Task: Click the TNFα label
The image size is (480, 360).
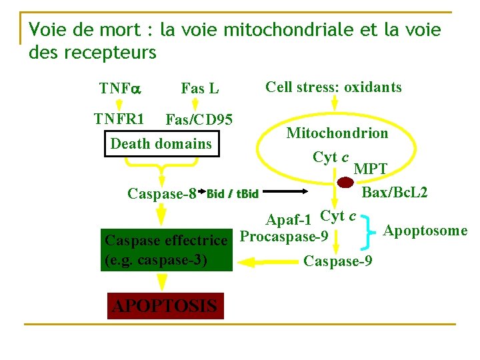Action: [x=117, y=88]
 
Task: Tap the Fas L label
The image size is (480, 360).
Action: [x=200, y=88]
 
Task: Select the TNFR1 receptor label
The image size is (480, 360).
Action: [x=119, y=119]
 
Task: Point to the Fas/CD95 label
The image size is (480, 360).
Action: [x=199, y=120]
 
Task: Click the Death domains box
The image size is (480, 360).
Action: [x=161, y=143]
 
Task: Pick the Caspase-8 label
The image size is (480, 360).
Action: [x=161, y=194]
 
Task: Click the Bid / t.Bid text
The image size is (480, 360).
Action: [x=233, y=195]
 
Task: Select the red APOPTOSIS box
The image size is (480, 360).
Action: [x=165, y=306]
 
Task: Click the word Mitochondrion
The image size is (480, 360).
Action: [x=337, y=133]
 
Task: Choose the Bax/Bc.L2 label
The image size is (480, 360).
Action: [x=394, y=193]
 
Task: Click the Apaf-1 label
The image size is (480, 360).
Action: [x=288, y=220]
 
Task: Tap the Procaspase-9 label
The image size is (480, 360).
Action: [x=283, y=237]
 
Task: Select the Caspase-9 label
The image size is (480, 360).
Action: [x=337, y=261]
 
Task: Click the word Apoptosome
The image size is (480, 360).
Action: [x=425, y=231]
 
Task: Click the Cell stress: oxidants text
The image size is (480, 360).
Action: [x=333, y=87]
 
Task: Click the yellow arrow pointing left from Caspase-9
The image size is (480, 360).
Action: [x=266, y=264]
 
